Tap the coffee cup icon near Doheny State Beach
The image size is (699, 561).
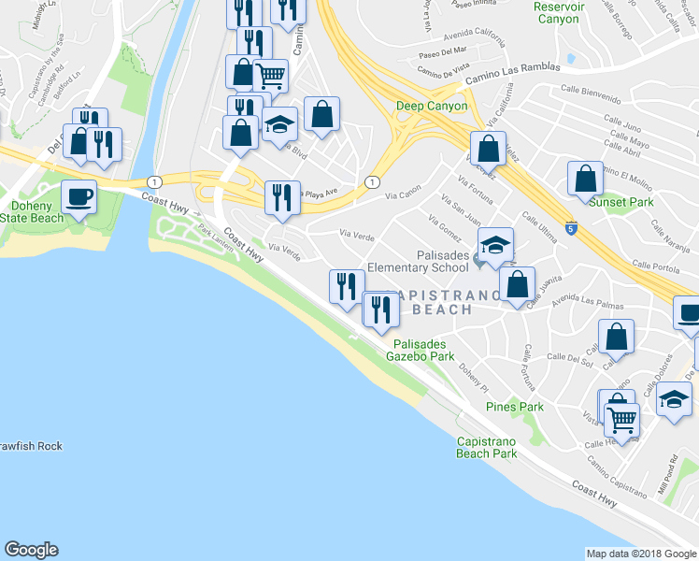pyautogui.click(x=78, y=197)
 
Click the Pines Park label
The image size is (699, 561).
pyautogui.click(x=514, y=407)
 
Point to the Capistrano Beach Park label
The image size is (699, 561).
pyautogui.click(x=486, y=447)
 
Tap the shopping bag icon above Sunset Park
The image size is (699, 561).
pyautogui.click(x=584, y=178)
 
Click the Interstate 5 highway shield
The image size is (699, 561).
pyautogui.click(x=569, y=227)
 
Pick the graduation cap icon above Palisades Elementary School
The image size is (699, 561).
pyautogui.click(x=495, y=245)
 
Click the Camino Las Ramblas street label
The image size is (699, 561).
pyautogui.click(x=513, y=68)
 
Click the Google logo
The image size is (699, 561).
pyautogui.click(x=31, y=550)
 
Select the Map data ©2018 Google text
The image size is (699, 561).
pyautogui.click(x=641, y=554)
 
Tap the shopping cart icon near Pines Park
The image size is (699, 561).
pyautogui.click(x=621, y=419)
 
